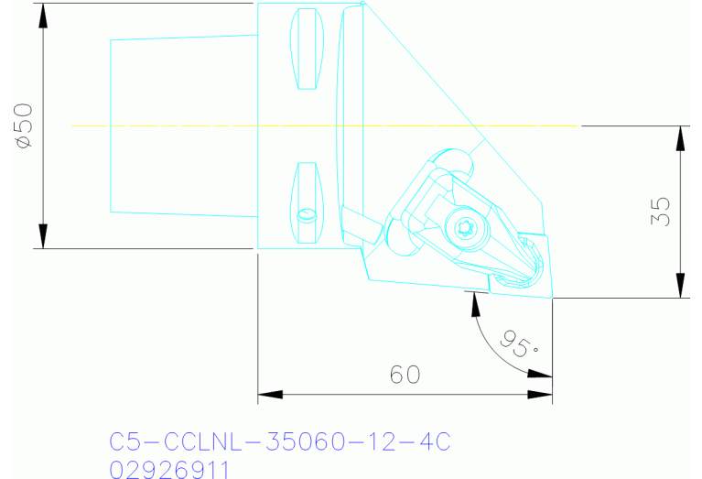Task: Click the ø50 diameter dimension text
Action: [x=24, y=126]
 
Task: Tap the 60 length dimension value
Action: [x=405, y=375]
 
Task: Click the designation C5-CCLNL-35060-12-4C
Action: [x=280, y=442]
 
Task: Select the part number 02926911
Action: [x=170, y=469]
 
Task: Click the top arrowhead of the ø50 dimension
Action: [x=42, y=11]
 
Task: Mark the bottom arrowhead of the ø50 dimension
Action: [x=42, y=240]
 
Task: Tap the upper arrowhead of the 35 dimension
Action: [x=680, y=134]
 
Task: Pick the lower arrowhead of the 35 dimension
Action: [x=680, y=289]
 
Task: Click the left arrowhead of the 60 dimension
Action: [x=266, y=395]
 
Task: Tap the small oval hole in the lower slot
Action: [x=307, y=215]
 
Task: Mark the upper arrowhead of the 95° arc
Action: [x=474, y=299]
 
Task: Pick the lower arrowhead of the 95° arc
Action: [x=545, y=373]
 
